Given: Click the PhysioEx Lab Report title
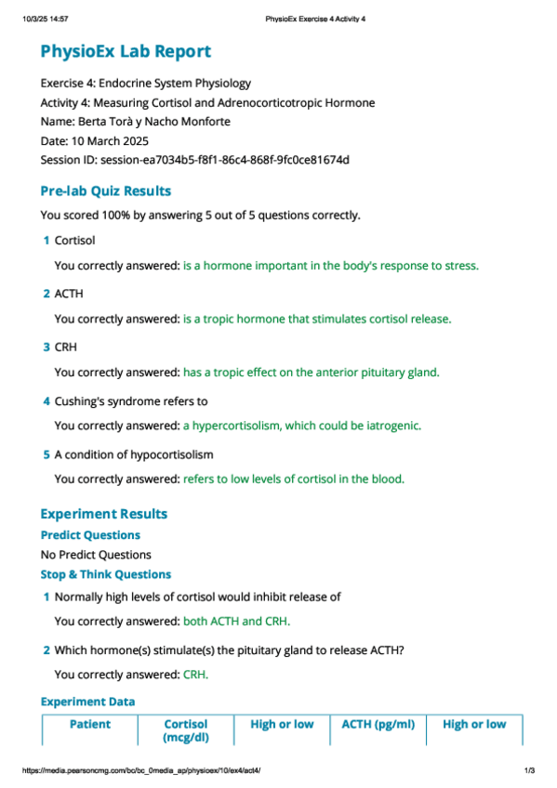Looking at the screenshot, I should (126, 52).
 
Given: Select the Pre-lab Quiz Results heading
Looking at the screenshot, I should (105, 190).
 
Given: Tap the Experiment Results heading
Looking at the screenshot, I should (104, 513).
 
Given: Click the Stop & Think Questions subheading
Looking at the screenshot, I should (105, 574).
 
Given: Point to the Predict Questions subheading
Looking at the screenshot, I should (90, 535).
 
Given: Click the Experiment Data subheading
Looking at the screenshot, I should (87, 702).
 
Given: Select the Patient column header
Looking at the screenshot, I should (90, 724).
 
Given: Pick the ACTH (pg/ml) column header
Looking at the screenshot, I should (378, 724).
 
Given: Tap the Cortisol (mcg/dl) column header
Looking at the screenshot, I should (186, 730).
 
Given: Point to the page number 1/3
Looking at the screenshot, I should (529, 771).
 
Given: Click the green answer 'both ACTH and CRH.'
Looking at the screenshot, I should (243, 621).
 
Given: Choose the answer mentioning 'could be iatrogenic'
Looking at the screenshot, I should (301, 426).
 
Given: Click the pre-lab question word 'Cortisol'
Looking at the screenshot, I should (75, 241).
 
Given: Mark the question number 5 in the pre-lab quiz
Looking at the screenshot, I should (46, 454).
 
